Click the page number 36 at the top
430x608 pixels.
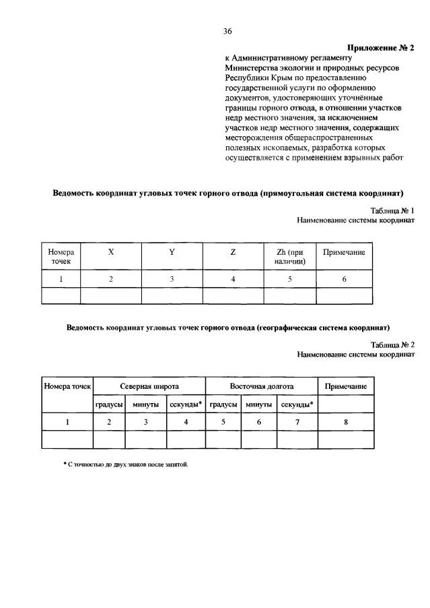point(227,31)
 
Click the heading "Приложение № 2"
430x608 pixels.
point(381,48)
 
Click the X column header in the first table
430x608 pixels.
point(110,252)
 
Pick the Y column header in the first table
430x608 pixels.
point(172,252)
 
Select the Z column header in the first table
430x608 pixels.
point(233,252)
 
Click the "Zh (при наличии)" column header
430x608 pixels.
point(290,256)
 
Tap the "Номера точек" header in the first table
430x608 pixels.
point(61,256)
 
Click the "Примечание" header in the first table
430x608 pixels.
point(344,252)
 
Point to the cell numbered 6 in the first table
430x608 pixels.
point(344,279)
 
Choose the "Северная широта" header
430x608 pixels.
point(149,387)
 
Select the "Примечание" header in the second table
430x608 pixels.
point(346,387)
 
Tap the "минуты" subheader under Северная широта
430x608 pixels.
point(145,404)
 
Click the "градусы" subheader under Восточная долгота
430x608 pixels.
point(223,404)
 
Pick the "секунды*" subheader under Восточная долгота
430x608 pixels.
point(297,404)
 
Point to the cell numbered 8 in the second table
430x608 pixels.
point(346,422)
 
